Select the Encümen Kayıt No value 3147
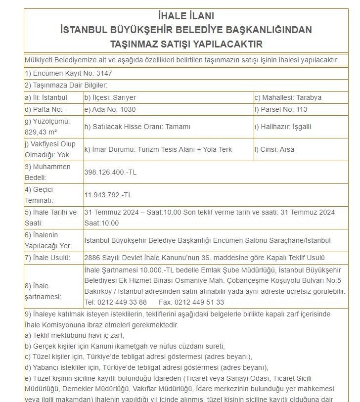click(102, 73)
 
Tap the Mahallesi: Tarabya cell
click(287, 97)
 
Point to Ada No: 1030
click(110, 110)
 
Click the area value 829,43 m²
click(42, 132)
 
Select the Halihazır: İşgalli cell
click(282, 127)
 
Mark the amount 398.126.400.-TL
click(110, 172)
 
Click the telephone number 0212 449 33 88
click(116, 302)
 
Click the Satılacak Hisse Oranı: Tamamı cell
click(137, 127)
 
